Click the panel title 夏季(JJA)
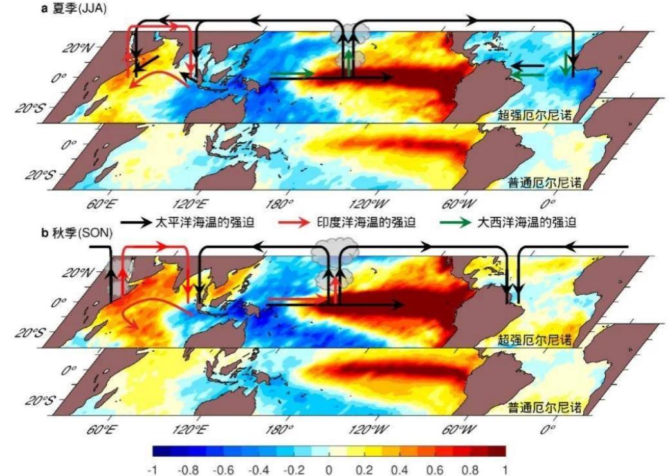(x=79, y=8)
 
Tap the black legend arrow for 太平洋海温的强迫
(x=136, y=222)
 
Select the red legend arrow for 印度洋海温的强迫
(x=294, y=222)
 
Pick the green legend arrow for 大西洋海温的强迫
(x=455, y=222)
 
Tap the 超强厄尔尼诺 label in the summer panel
(x=534, y=115)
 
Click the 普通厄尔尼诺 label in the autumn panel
(x=544, y=407)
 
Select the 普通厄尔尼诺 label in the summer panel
(x=544, y=183)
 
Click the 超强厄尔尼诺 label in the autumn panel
(x=534, y=340)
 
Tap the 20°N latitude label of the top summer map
(x=77, y=47)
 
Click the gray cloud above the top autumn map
(x=334, y=253)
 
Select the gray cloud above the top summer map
(x=350, y=32)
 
